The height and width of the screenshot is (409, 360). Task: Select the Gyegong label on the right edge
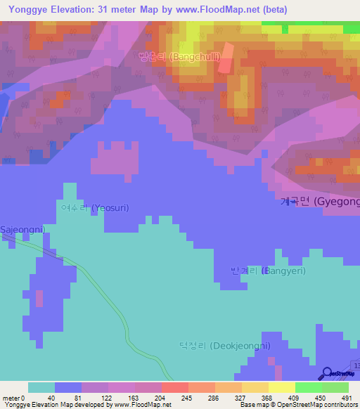coord(320,202)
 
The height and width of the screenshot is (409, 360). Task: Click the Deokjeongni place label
coord(224,346)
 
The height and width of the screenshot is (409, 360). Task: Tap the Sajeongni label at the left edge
coord(22,230)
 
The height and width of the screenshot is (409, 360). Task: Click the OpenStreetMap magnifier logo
coord(328,374)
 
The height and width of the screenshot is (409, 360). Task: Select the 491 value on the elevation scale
coord(347,397)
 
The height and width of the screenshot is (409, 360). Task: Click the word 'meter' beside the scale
coord(11,397)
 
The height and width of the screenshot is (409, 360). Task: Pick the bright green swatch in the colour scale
coord(308,387)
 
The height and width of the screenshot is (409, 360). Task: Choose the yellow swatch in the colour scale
coord(281,387)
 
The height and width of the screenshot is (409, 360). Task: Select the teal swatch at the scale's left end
coord(41,387)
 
